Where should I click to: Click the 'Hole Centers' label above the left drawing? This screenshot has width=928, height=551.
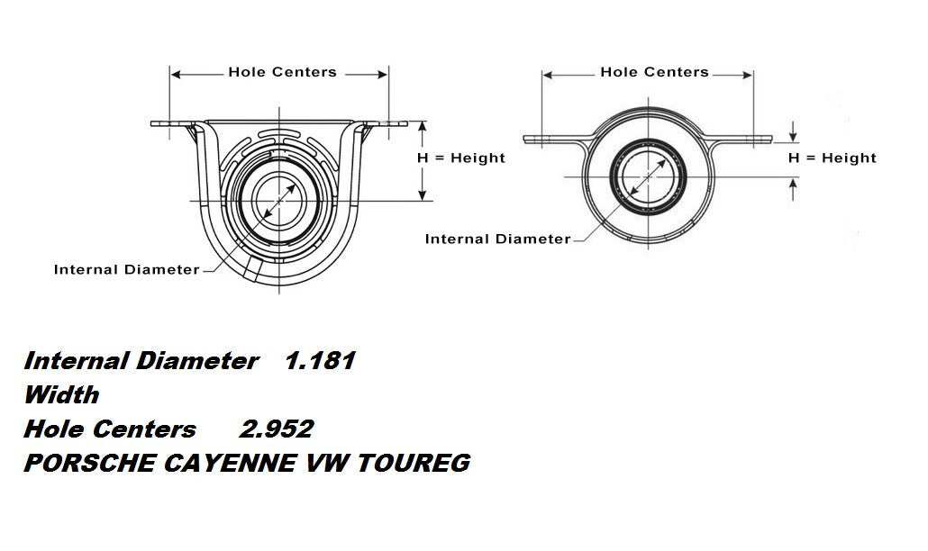(x=282, y=72)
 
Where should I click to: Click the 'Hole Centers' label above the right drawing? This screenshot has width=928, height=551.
(x=654, y=72)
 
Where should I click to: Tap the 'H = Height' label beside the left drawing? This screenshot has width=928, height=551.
(x=460, y=158)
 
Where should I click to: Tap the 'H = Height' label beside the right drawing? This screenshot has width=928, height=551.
(x=832, y=158)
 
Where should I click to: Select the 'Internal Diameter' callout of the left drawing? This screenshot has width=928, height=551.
(x=126, y=269)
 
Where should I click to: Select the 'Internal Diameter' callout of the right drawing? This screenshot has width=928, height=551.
(x=497, y=239)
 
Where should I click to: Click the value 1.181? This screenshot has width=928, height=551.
(x=320, y=362)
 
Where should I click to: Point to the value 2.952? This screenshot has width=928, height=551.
(x=277, y=429)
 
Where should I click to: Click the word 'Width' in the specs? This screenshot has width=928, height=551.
(x=61, y=395)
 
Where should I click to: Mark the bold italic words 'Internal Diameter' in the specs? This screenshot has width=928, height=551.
(x=141, y=362)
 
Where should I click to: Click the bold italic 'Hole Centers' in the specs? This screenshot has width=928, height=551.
(x=110, y=429)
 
